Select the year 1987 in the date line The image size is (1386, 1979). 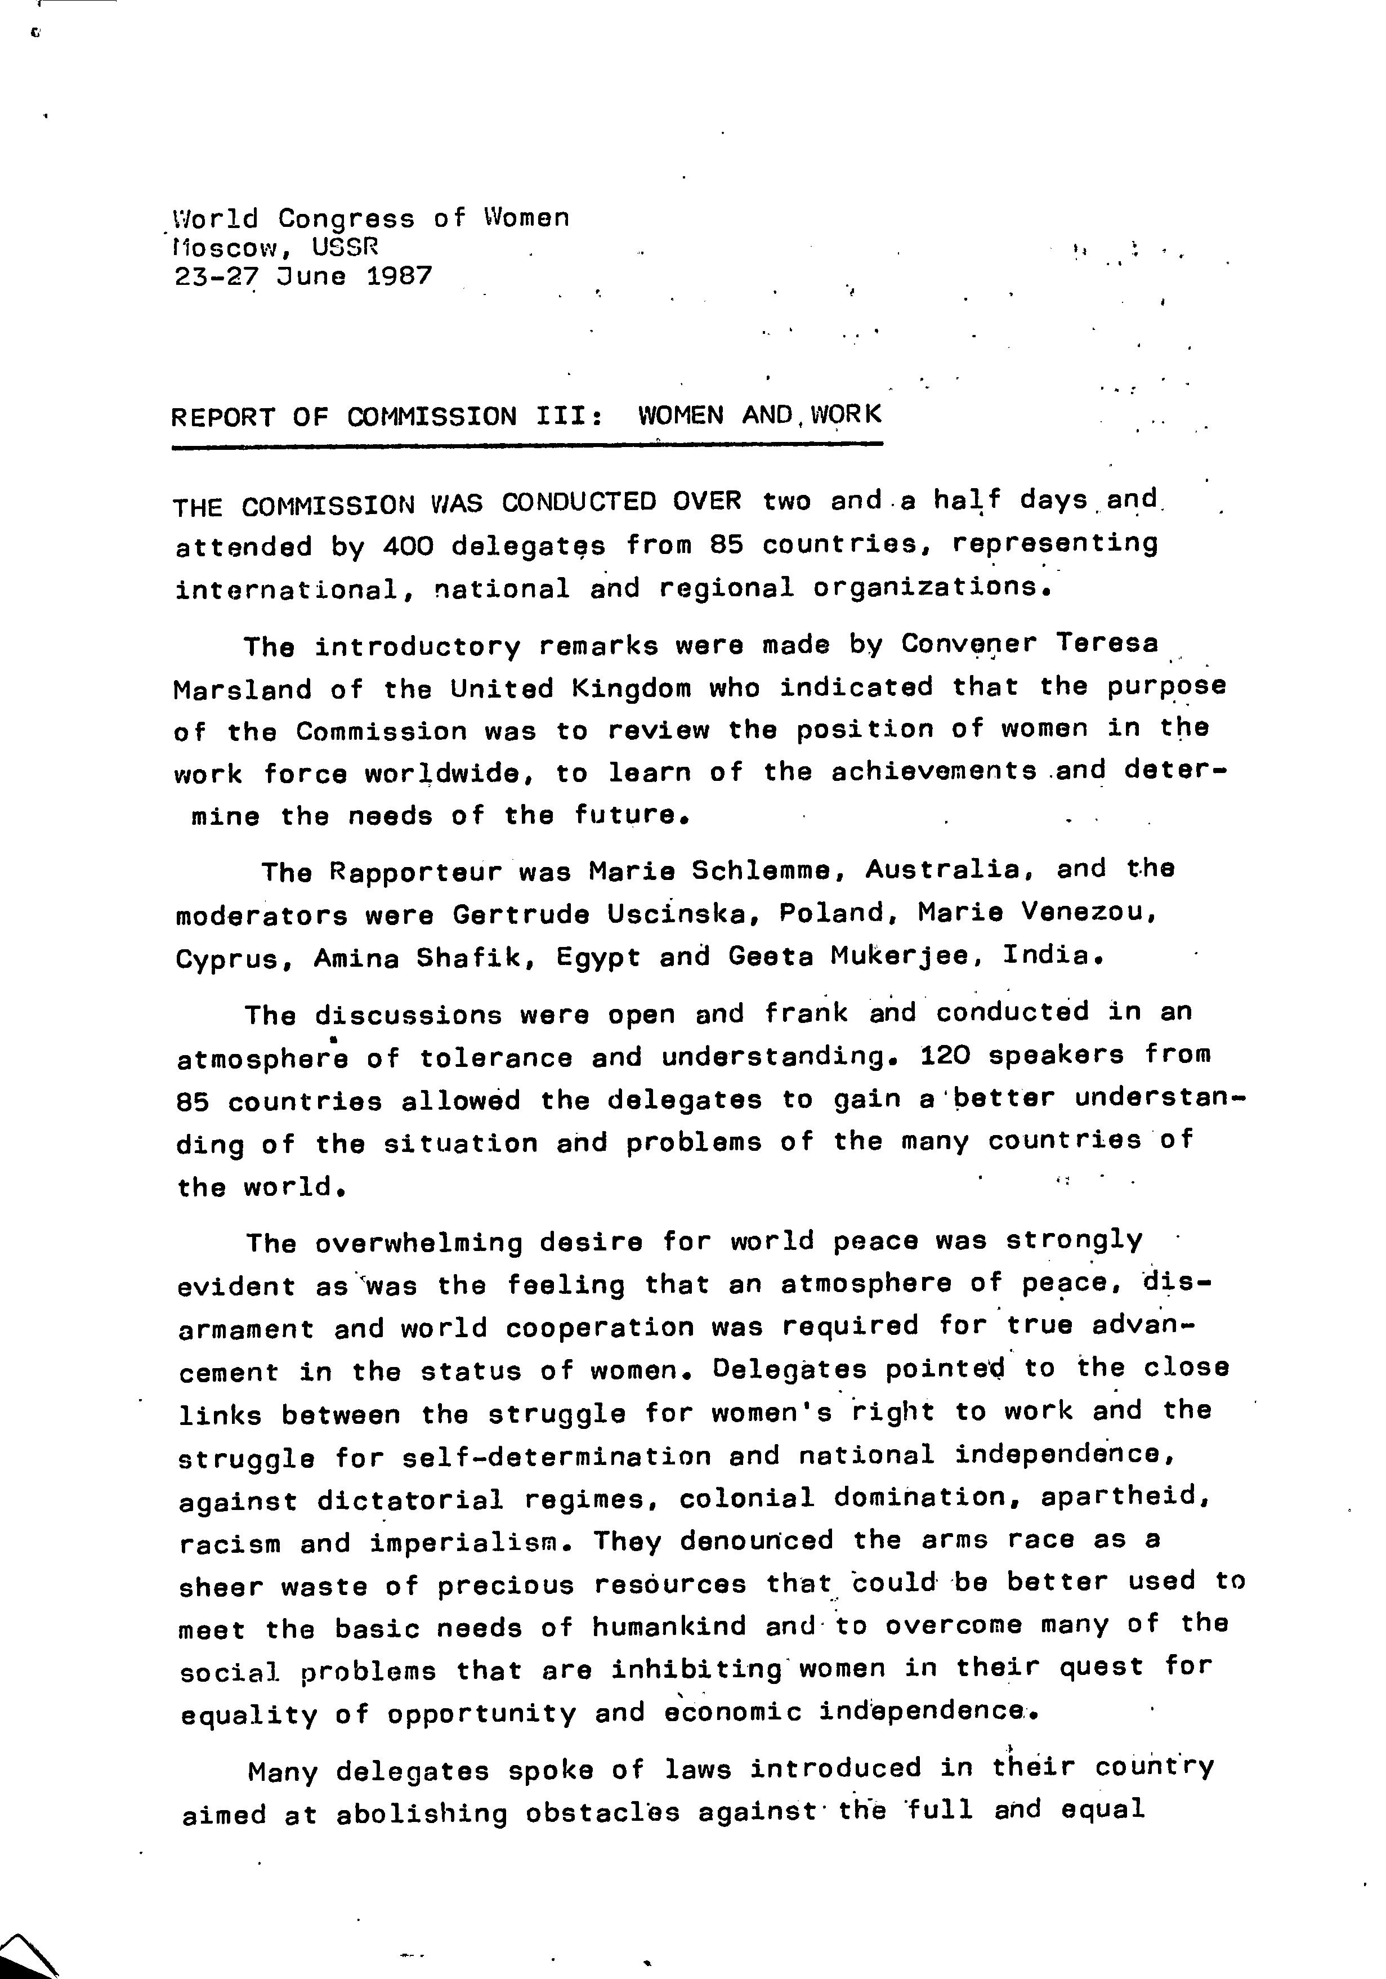(399, 276)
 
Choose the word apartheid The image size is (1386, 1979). (1126, 1496)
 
